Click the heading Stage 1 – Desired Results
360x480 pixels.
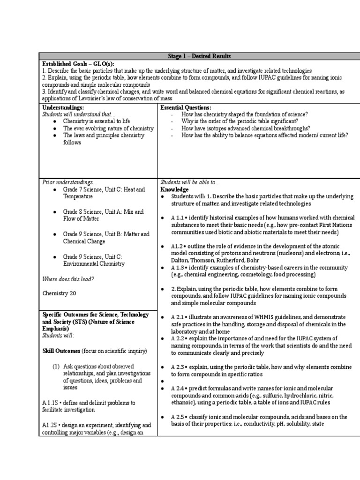coord(199,57)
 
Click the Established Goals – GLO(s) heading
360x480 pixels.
coord(78,64)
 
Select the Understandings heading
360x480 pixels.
coord(63,107)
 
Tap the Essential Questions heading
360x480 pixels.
coord(186,107)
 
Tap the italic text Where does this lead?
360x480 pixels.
coord(68,279)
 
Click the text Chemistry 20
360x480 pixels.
coord(59,293)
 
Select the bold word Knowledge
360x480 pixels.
coord(175,189)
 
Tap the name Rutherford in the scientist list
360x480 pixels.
coord(242,260)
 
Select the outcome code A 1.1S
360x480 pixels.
coord(51,402)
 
